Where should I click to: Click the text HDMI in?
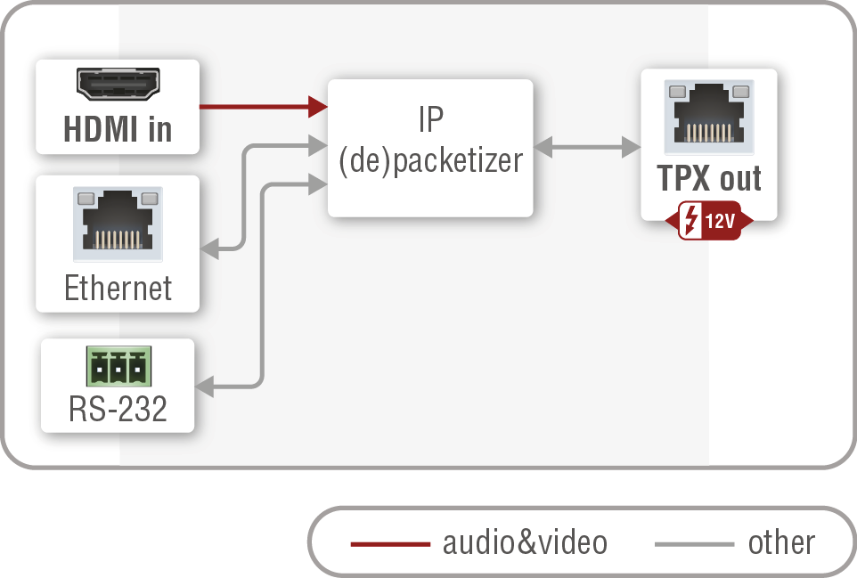[118, 130]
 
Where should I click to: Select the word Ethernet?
[118, 288]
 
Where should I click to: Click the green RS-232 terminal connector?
[118, 366]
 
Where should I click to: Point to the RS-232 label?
[118, 409]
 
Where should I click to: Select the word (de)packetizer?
[430, 160]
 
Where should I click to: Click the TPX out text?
[709, 179]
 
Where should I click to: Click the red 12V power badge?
[709, 221]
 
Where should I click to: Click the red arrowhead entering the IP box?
[318, 107]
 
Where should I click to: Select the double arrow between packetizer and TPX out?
[587, 147]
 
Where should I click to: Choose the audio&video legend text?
[525, 542]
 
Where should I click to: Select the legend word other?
[781, 542]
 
